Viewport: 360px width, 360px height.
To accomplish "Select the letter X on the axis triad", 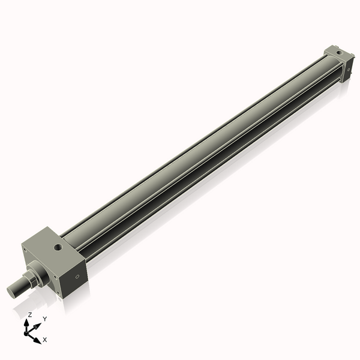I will coord(45,340).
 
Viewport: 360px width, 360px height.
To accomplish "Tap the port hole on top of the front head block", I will coord(58,246).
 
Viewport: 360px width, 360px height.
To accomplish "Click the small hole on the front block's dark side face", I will coord(76,277).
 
